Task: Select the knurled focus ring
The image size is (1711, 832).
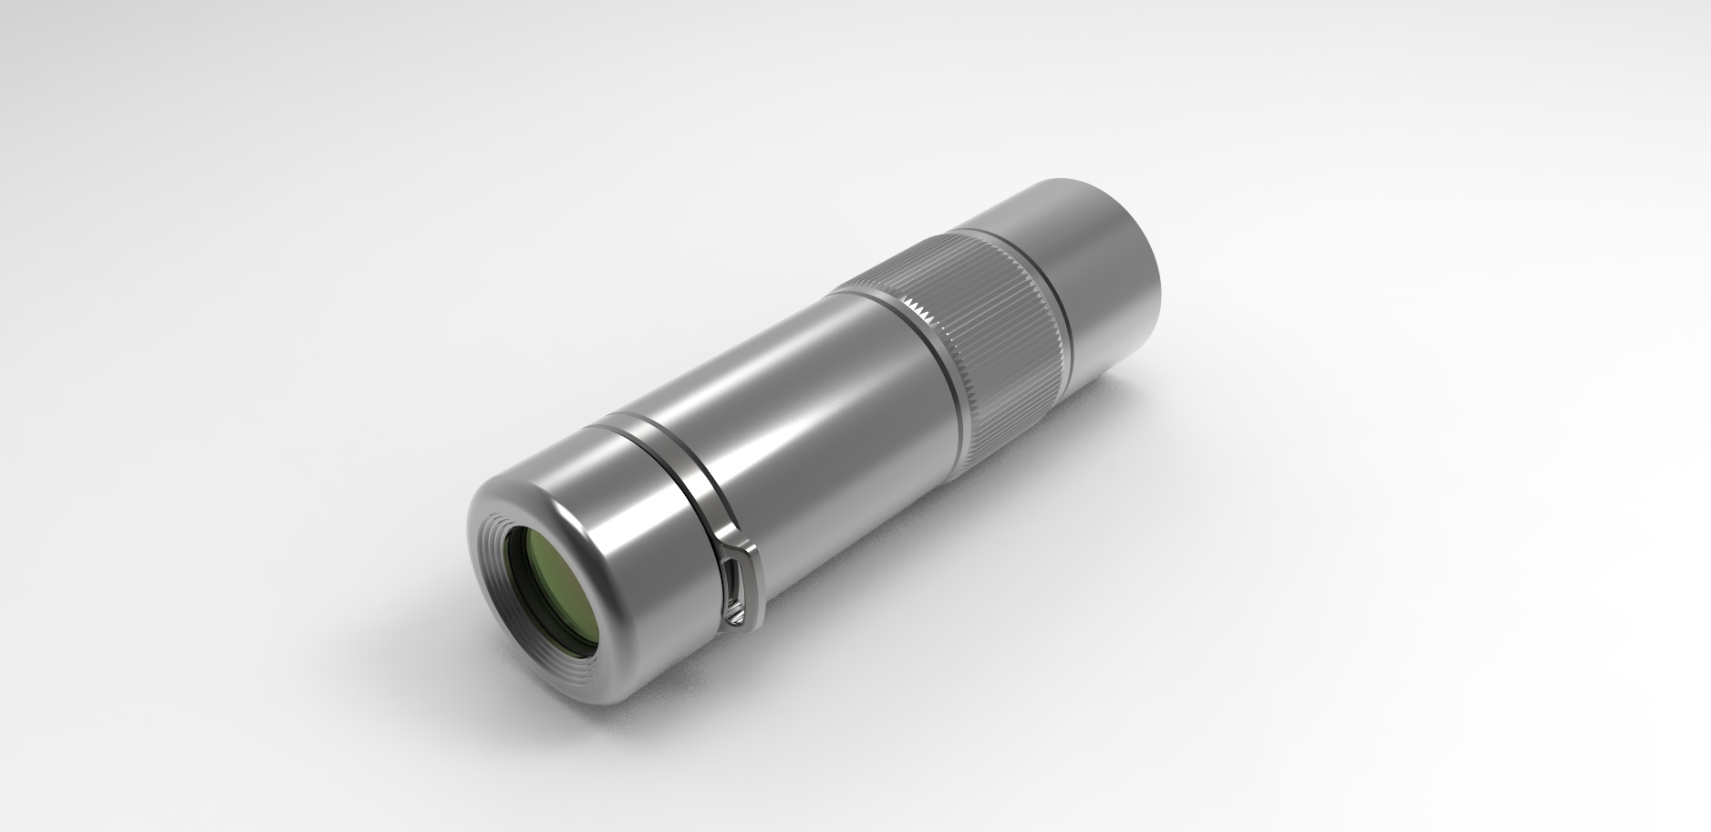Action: point(994,319)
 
